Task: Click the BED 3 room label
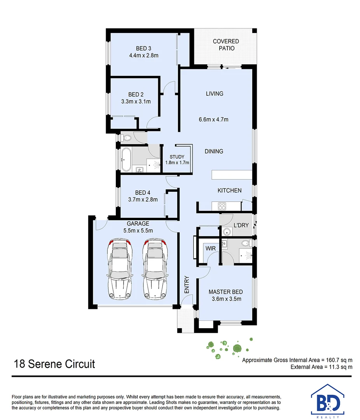(143, 49)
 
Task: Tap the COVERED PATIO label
(226, 45)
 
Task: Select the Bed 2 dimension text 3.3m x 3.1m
(136, 102)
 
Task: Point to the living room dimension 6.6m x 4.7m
(213, 120)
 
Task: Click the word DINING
(214, 151)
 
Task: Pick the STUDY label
(177, 157)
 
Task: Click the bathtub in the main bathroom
(126, 160)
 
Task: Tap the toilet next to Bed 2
(126, 138)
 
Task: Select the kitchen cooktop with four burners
(222, 206)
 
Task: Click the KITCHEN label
(229, 191)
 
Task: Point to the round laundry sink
(227, 231)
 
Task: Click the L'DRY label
(241, 225)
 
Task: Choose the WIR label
(211, 248)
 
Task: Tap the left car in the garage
(119, 269)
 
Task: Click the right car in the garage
(155, 269)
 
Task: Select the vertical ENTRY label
(187, 284)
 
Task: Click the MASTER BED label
(226, 292)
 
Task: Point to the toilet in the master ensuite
(245, 243)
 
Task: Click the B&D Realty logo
(328, 401)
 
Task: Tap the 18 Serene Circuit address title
(54, 364)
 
